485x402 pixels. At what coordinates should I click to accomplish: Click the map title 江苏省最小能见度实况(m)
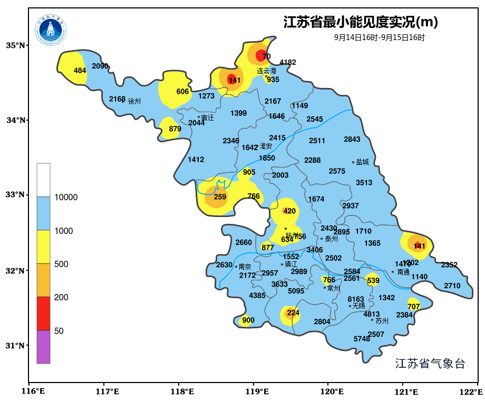coord(361,23)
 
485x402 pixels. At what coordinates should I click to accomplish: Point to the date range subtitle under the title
coord(379,38)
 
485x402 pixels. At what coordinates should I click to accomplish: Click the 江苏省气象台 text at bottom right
coord(430,364)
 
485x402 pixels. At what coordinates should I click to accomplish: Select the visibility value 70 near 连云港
coord(266,56)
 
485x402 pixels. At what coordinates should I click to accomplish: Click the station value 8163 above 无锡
coord(355,299)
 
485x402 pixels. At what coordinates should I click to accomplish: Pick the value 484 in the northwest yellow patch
coord(80,71)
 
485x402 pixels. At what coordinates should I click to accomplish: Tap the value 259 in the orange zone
coord(220,197)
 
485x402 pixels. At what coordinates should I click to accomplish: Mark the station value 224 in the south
coord(293,313)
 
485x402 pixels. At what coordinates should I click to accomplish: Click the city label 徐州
coord(134,101)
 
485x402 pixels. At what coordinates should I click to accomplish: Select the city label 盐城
coord(362,162)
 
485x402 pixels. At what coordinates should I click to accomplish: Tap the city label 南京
coord(245,267)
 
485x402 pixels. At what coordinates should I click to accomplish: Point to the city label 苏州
coord(382,320)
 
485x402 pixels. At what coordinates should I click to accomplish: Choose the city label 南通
coord(403,272)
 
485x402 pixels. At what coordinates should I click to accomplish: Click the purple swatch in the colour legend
coord(43,347)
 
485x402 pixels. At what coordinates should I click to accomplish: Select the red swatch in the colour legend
coord(43,313)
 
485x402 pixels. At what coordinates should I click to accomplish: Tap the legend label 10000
coord(66,198)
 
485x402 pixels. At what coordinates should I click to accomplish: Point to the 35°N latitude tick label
coord(15,46)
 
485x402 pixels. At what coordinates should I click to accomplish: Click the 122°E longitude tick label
coord(471,391)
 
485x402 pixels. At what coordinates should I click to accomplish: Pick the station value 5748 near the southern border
coord(362,339)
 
